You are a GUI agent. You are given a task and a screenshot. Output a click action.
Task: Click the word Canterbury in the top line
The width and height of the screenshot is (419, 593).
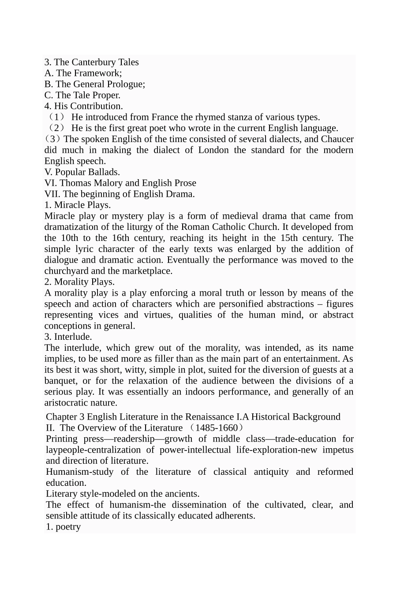coord(90,62)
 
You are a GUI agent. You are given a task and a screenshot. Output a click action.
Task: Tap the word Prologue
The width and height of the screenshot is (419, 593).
coord(125,84)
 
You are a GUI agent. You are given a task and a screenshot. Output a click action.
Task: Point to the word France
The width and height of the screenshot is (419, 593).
coord(165,117)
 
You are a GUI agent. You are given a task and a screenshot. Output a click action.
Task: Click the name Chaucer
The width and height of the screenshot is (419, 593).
coord(337,139)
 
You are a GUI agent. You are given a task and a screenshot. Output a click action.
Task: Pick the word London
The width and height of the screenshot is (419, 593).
coord(213,150)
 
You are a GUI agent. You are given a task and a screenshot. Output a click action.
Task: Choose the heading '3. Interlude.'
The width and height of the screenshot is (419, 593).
coord(68,337)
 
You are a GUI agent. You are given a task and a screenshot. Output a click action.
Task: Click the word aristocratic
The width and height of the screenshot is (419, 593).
coord(67,403)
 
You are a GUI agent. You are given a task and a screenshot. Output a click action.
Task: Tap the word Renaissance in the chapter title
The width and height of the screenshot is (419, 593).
coord(210,417)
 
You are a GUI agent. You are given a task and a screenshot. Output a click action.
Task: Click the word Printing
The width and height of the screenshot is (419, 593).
coord(62,439)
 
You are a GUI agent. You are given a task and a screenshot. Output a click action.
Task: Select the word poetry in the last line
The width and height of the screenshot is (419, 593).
coord(68,527)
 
